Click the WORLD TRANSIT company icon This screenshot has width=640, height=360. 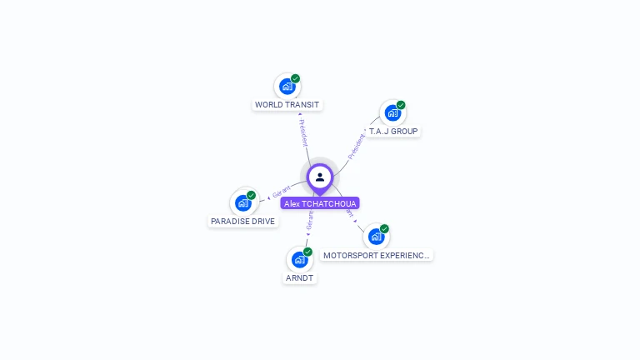click(x=286, y=86)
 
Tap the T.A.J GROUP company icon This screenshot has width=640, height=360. click(x=392, y=112)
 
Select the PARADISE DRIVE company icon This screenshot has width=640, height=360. click(x=242, y=202)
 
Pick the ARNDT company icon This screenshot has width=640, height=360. click(x=299, y=259)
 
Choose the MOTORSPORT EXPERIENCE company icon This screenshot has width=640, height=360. click(x=376, y=236)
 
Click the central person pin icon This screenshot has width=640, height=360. click(x=320, y=177)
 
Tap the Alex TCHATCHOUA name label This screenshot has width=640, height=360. click(x=320, y=203)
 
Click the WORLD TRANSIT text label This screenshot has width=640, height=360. click(x=287, y=105)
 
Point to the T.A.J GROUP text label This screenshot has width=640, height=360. click(x=393, y=132)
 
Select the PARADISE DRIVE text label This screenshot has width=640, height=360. click(x=242, y=222)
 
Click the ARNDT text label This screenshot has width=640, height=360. click(x=299, y=278)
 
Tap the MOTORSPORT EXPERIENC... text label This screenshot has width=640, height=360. click(x=377, y=255)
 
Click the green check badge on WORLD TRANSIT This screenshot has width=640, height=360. click(x=295, y=78)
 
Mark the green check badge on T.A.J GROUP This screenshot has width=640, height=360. click(x=401, y=105)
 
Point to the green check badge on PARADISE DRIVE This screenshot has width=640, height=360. click(x=251, y=195)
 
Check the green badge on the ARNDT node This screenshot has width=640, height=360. click(x=307, y=252)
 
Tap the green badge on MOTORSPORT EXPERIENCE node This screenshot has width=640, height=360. click(x=384, y=228)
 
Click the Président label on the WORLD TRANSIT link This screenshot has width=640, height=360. click(x=303, y=132)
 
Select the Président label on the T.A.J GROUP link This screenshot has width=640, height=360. click(x=357, y=146)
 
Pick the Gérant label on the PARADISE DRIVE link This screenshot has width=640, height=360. click(x=281, y=192)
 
